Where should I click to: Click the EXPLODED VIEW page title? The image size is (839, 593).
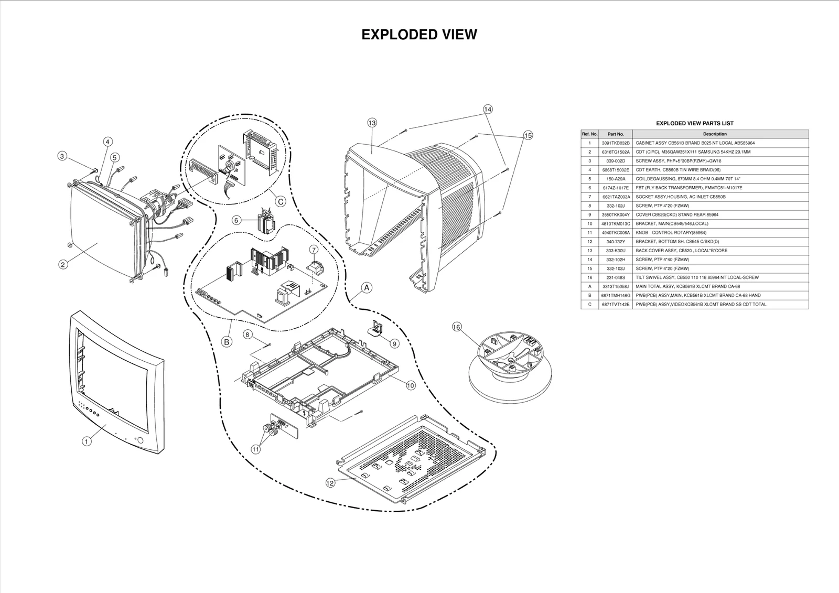click(x=419, y=35)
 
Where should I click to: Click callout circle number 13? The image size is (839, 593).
click(x=372, y=123)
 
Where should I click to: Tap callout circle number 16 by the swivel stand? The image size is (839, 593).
click(x=457, y=327)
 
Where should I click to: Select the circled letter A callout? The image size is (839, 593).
click(x=367, y=287)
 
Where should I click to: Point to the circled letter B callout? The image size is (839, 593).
click(x=227, y=342)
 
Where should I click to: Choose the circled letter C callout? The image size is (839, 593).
click(x=280, y=201)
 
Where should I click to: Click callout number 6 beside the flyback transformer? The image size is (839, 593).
click(x=236, y=221)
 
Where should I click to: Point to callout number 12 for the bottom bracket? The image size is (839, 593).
click(x=330, y=483)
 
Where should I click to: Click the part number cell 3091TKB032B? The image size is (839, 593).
click(x=615, y=143)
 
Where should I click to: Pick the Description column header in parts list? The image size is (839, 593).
click(x=715, y=134)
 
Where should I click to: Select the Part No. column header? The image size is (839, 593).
click(x=615, y=134)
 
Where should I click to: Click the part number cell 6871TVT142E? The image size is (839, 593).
click(x=615, y=304)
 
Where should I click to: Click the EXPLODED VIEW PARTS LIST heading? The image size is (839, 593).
click(x=694, y=123)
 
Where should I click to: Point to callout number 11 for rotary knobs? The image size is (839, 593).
click(x=256, y=449)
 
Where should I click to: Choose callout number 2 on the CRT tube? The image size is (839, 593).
click(x=63, y=265)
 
